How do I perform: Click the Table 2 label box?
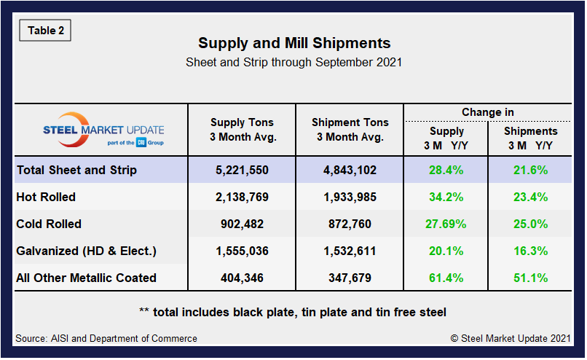coord(44,31)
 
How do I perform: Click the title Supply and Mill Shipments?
coord(293,43)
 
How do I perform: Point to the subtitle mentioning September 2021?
coord(293,63)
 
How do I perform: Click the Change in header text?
coord(487,112)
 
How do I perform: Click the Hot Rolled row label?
coord(46,197)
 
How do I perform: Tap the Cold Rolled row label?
coord(49,224)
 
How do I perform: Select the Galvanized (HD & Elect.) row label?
coord(86,251)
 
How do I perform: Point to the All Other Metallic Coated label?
coord(86,278)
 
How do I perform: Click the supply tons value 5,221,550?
coord(243,171)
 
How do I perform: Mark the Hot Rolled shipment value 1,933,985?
coord(350,197)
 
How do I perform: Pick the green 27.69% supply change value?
coord(446,224)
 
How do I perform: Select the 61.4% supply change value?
coord(446,278)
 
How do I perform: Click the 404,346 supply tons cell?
coord(243,278)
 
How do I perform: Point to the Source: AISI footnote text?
coord(106,338)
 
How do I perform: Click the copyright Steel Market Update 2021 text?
coord(511,338)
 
